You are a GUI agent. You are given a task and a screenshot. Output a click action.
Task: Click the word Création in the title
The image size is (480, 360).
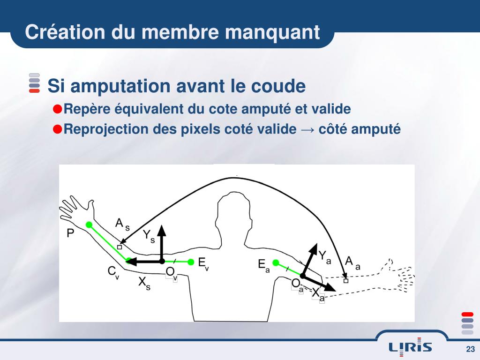tap(65, 32)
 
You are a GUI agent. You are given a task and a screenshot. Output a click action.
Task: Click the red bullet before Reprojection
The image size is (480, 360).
tap(58, 129)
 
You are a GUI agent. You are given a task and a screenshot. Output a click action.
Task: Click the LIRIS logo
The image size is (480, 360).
tap(410, 347)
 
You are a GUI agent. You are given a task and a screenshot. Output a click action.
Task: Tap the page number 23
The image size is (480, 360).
tap(470, 349)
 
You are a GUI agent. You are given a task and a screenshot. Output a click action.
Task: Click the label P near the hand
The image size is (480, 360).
tap(70, 233)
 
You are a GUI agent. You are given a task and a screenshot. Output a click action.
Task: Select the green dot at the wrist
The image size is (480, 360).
tap(89, 225)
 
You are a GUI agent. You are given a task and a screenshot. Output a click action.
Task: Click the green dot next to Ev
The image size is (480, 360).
tap(191, 262)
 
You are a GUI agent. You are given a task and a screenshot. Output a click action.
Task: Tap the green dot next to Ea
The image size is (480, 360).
tap(276, 262)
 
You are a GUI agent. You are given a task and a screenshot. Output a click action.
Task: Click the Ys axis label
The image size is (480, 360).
tap(149, 236)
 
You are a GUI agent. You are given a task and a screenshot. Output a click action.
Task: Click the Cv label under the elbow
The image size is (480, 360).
tap(113, 272)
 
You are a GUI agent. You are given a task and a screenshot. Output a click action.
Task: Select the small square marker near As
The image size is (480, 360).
tap(120, 247)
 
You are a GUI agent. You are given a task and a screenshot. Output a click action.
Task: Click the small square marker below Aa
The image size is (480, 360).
tap(346, 280)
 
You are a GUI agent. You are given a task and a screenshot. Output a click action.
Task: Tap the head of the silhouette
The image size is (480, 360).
tap(234, 211)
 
